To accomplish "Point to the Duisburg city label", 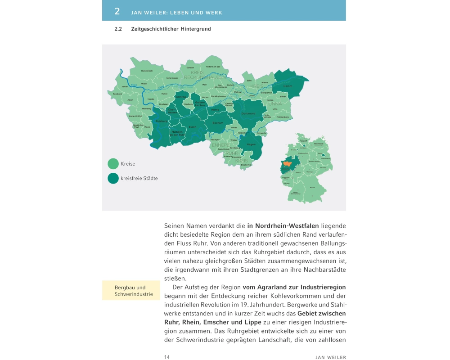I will tap(162, 121).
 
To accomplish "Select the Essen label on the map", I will tap(193, 127).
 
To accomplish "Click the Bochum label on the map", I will tap(218, 122).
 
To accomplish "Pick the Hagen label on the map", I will tap(252, 144).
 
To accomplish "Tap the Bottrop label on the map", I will tap(181, 97).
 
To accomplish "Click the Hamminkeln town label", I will tap(147, 71).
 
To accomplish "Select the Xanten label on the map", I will tap(125, 86).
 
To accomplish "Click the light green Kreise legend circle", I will tap(113, 164).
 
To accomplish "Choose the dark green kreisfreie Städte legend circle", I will tap(113, 178).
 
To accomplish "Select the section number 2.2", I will tap(119, 29).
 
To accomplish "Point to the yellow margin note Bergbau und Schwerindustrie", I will tap(130, 291).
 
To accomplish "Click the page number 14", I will tap(167, 357).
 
